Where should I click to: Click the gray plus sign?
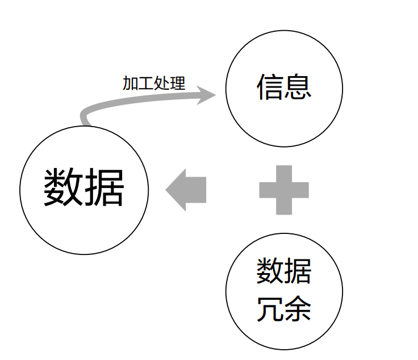click(284, 190)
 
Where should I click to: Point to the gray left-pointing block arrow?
click(186, 190)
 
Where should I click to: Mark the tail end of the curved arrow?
click(85, 121)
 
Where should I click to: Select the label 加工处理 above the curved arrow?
click(154, 83)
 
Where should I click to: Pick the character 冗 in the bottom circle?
click(270, 309)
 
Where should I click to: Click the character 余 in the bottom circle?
click(298, 309)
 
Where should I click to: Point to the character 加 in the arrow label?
click(130, 83)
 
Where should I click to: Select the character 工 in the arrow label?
click(146, 83)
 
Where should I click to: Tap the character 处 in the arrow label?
click(162, 83)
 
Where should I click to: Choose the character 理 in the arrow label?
click(178, 83)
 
